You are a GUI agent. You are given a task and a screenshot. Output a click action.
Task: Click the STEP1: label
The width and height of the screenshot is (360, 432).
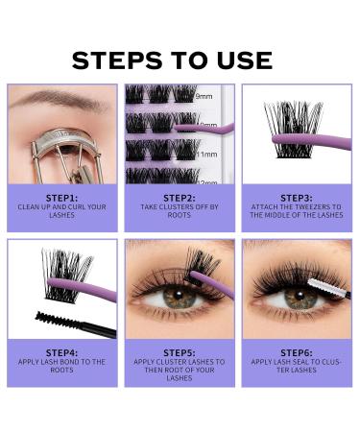point(61,197)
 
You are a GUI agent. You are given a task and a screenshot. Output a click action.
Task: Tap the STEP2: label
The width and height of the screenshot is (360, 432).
point(180,197)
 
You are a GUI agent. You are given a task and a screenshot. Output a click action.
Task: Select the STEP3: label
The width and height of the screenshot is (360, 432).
point(297,197)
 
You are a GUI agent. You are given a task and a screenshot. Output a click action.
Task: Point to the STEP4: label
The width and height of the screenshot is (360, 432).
point(61,352)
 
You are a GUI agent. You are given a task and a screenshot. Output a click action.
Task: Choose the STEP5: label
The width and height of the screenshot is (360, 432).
point(180,351)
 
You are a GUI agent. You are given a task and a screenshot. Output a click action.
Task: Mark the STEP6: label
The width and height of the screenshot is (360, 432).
point(297,351)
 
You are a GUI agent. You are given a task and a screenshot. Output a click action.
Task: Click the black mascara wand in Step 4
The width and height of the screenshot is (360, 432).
point(72,322)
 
